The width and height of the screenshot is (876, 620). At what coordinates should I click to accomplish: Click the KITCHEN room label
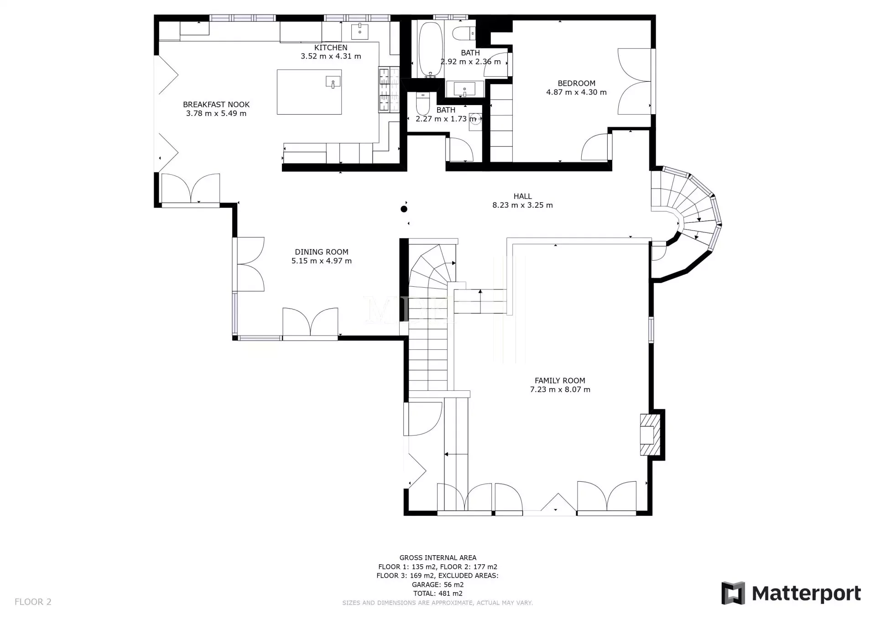click(x=331, y=47)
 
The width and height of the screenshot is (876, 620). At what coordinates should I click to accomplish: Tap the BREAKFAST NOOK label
click(x=216, y=105)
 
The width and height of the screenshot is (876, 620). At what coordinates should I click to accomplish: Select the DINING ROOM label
click(x=322, y=252)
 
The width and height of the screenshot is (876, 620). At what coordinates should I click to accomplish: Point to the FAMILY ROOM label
click(x=560, y=381)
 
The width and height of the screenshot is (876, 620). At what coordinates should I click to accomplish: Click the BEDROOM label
click(x=577, y=84)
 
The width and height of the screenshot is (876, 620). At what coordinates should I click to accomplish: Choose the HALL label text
click(x=523, y=196)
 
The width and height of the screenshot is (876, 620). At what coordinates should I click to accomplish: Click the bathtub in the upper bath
click(x=430, y=49)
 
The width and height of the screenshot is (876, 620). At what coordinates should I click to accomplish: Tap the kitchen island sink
click(x=333, y=82)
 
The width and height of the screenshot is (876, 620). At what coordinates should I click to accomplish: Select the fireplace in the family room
click(x=650, y=435)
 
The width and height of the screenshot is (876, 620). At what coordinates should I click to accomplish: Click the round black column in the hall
click(x=404, y=209)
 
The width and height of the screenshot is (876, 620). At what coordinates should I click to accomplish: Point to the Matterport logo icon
click(x=733, y=593)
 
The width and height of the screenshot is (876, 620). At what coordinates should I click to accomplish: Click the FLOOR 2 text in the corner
click(x=33, y=602)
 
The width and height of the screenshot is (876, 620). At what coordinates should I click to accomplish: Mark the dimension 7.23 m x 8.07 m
click(x=560, y=390)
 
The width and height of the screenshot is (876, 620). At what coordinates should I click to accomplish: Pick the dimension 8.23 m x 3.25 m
click(x=522, y=205)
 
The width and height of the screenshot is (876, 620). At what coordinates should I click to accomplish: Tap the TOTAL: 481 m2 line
click(x=438, y=594)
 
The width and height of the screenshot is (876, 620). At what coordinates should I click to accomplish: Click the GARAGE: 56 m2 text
click(x=438, y=585)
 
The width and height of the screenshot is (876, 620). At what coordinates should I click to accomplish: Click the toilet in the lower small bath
click(x=422, y=105)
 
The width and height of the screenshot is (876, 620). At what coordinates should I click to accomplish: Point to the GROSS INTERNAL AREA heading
click(x=438, y=557)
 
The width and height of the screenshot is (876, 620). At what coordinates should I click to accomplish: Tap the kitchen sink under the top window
click(x=360, y=31)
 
